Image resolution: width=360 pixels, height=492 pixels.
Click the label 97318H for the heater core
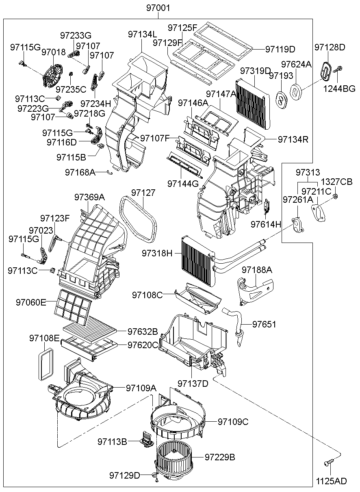click(x=157, y=254)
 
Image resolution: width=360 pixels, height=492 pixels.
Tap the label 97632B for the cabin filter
click(x=142, y=332)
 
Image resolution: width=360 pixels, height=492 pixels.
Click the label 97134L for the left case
click(x=143, y=34)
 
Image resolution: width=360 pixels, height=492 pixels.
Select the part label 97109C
click(x=233, y=422)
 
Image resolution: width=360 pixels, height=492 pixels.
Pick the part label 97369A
click(x=89, y=197)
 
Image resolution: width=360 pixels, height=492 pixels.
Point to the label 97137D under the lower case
click(x=193, y=383)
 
